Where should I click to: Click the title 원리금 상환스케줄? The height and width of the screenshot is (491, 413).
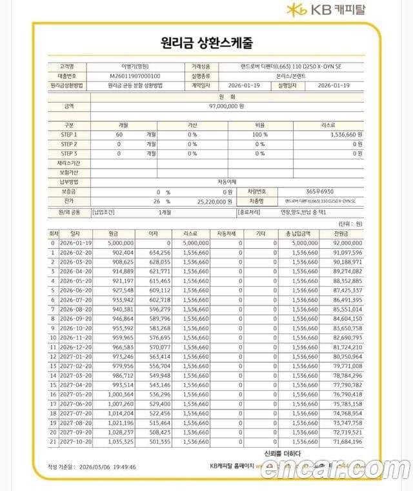pos(206,44)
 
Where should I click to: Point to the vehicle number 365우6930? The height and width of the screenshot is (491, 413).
pos(319,192)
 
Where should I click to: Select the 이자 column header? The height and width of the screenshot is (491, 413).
pos(153,233)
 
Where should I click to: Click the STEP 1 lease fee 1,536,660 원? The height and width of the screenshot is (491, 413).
pos(341,134)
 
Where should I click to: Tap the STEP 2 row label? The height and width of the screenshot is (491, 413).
pos(68,144)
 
